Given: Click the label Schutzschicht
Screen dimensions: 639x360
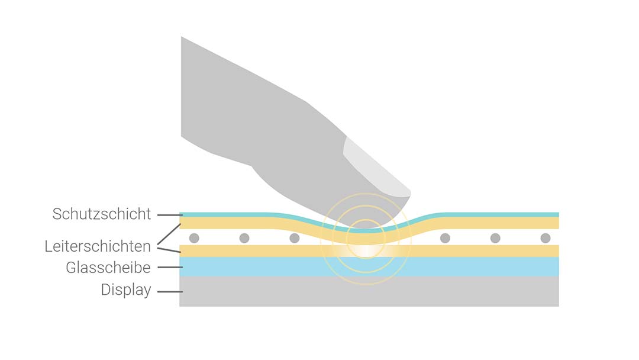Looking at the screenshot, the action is tap(102, 214).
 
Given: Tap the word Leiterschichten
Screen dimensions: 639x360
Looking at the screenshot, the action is tap(98, 246).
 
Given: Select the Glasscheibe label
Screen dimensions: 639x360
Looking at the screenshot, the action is tap(108, 268).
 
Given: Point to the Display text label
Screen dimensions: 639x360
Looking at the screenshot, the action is tap(126, 290).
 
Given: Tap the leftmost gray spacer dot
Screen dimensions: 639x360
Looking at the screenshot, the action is tap(195, 238).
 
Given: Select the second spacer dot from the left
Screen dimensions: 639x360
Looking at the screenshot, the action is tap(244, 238).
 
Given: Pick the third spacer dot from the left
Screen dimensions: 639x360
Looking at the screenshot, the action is tap(295, 238).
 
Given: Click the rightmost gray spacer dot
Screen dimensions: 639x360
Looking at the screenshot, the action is tap(546, 238).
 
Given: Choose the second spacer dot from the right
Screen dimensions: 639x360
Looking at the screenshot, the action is tap(495, 238).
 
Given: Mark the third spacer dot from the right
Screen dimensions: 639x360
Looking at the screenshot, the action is tap(445, 238).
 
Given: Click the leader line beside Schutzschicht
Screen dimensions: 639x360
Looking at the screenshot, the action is tap(170, 215).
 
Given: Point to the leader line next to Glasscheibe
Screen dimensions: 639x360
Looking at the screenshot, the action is tap(170, 268).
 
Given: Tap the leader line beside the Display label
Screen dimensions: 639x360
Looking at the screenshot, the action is tap(170, 291).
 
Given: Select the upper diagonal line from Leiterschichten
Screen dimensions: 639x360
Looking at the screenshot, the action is tap(169, 234).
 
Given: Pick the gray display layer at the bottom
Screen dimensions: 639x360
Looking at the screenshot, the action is tap(369, 291).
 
